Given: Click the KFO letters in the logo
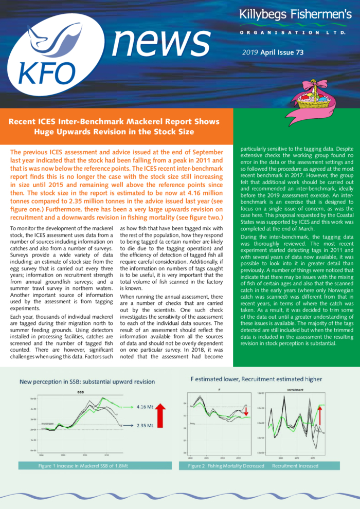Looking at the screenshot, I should [x=50, y=74].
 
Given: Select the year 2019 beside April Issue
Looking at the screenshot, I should [x=250, y=53].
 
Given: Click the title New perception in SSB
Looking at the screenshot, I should [x=86, y=381].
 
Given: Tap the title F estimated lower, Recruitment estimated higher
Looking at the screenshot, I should [x=256, y=379].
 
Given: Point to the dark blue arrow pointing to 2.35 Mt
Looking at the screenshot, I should [x=129, y=425].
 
